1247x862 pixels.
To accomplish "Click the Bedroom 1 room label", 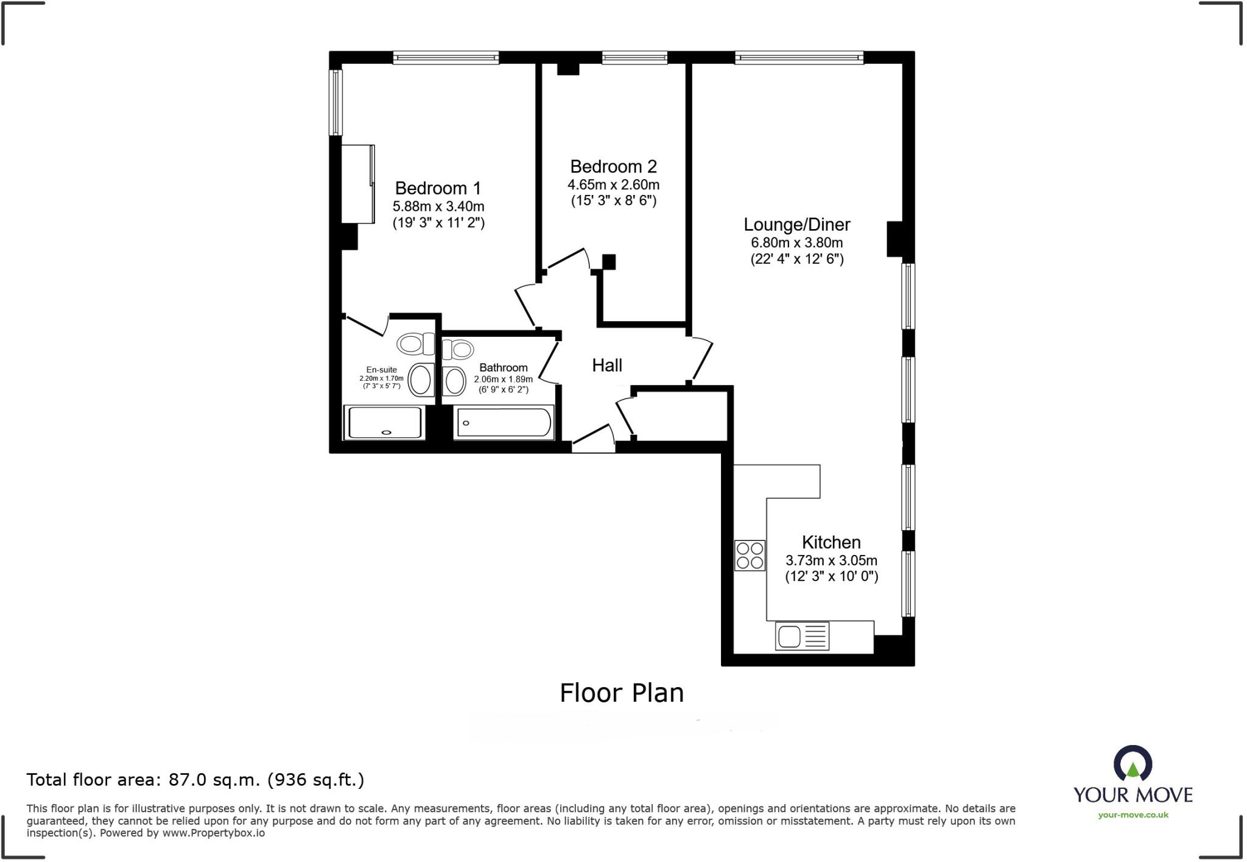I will coord(438,188).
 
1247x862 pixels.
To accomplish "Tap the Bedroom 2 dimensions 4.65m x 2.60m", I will coord(613,185).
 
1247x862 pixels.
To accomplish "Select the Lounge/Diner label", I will coord(796,224).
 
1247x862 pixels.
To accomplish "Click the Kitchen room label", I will coord(831,542).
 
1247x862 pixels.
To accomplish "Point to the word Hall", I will coord(607,366).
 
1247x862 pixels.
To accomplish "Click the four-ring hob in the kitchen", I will coord(750,556).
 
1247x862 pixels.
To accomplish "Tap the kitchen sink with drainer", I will coord(802,636).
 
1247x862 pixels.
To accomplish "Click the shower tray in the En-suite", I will coord(384,422).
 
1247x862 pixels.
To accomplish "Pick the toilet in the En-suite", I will coord(415,344).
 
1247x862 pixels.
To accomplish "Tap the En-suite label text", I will coord(381,370).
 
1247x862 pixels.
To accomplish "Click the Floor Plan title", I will coord(622,693).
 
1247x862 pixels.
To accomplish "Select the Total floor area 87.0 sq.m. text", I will coord(195,780).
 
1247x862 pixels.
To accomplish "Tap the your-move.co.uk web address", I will coord(1133,815).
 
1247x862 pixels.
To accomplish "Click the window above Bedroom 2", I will coord(634,58).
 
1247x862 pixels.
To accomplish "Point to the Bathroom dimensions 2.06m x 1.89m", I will coord(503,379).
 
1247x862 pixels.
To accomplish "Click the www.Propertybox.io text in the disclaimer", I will coord(213,833).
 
